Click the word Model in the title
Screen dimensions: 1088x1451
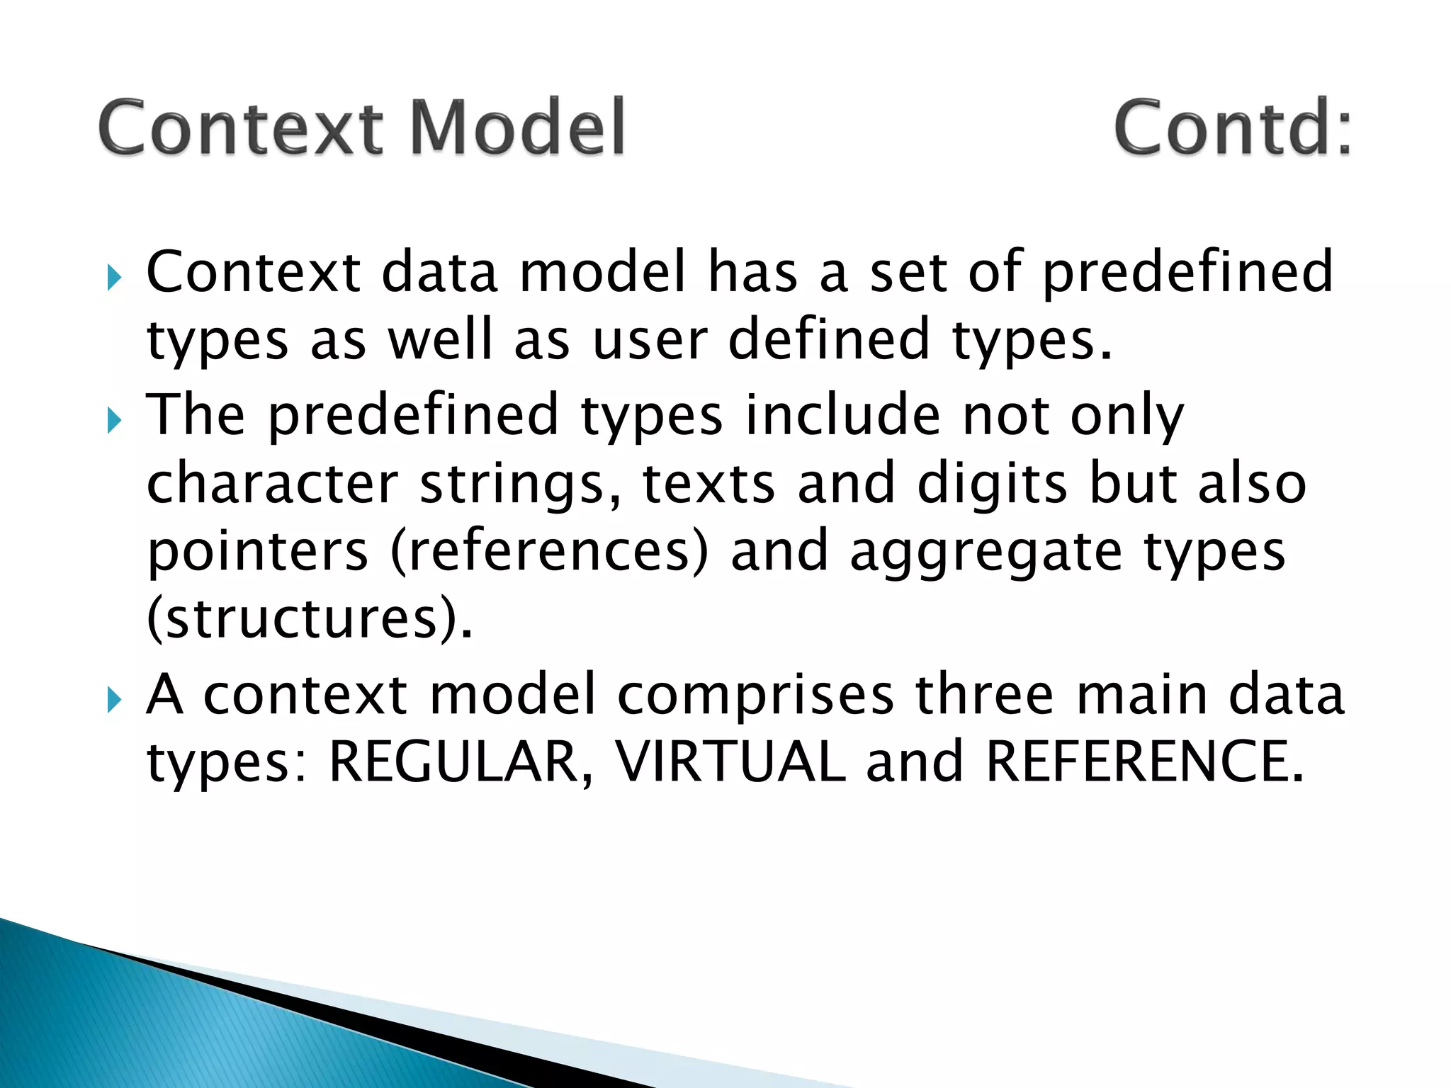click(x=518, y=127)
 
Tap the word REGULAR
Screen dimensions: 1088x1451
click(x=454, y=761)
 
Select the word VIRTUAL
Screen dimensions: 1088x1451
click(x=730, y=761)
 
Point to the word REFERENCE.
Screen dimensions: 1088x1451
click(x=1144, y=761)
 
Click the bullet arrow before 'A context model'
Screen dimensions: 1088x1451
click(x=114, y=701)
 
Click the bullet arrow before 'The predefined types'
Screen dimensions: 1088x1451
click(x=114, y=421)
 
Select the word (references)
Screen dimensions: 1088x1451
click(x=549, y=551)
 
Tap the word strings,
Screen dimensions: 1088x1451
click(x=521, y=485)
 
